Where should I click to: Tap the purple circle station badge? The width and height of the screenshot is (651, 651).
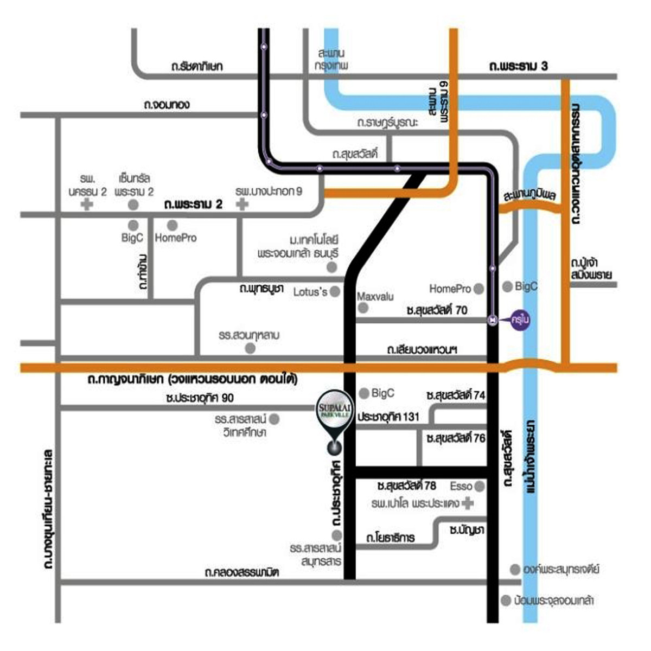[x=521, y=320]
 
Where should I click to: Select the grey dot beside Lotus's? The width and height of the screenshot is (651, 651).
[x=335, y=292]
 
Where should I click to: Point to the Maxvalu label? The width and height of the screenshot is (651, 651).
[x=375, y=297]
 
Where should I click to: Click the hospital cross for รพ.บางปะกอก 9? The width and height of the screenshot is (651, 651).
[x=242, y=204]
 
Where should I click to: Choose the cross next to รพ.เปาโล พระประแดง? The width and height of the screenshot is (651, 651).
[x=468, y=504]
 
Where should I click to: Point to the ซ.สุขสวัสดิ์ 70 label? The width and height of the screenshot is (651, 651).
[x=437, y=310]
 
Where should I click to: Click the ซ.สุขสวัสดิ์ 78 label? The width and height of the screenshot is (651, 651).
[x=406, y=485]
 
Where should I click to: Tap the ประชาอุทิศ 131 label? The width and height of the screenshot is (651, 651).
[x=388, y=417]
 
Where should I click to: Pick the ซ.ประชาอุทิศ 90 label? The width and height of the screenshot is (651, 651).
[x=200, y=398]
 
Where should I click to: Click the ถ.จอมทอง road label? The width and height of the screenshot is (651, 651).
[x=167, y=104]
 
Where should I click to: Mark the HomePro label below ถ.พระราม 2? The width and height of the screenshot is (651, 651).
[x=175, y=238]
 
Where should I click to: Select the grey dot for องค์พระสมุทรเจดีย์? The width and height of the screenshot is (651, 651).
[x=515, y=569]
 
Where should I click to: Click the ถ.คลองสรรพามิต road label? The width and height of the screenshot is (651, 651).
[x=242, y=572]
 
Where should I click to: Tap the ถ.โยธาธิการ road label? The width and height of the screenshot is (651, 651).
[x=390, y=538]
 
